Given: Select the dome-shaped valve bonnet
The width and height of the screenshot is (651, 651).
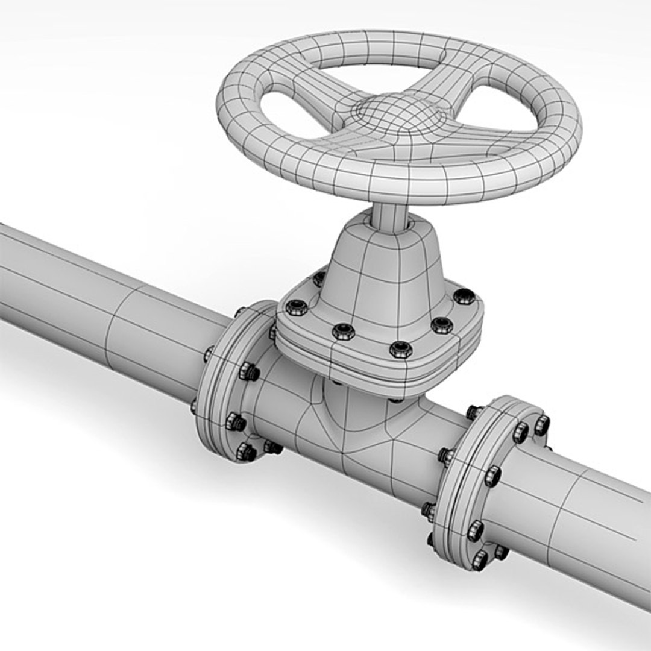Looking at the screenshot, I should coord(386,271).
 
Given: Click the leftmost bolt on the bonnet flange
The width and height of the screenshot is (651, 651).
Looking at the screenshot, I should coord(297,307).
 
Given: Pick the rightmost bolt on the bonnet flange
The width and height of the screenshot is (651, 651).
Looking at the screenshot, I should coord(464,296).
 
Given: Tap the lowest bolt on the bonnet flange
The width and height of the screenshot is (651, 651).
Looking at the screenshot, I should coord(400,349).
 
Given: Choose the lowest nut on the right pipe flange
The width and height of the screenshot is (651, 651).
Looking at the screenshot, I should coord(480,560).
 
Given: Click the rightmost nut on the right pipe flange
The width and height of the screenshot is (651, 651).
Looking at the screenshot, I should coord(541,426).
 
